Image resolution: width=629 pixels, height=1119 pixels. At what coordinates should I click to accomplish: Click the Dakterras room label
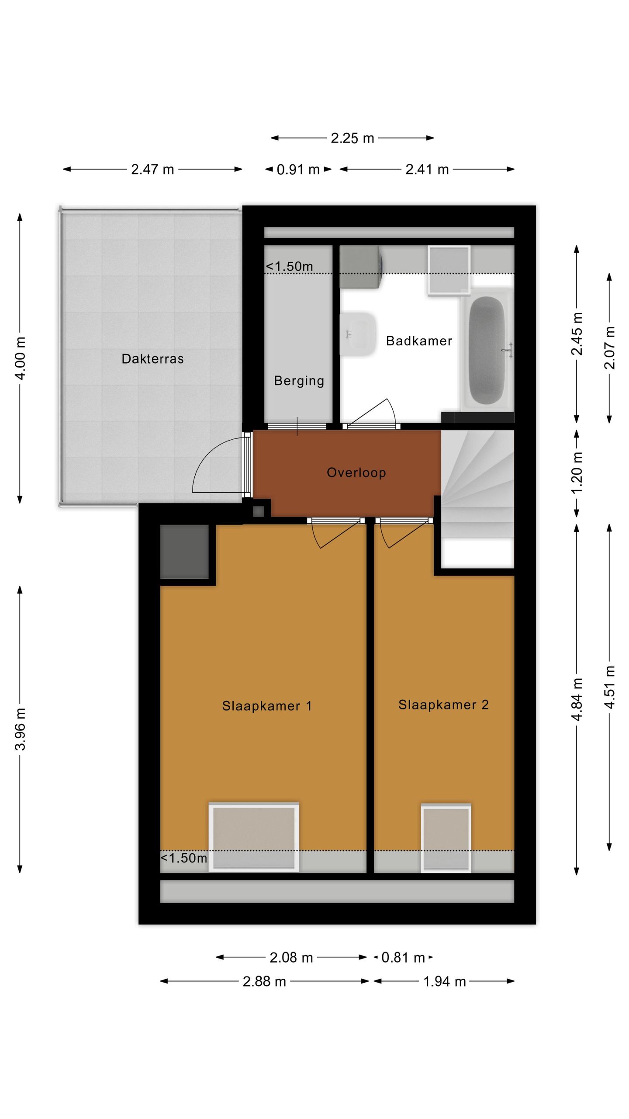coord(152,359)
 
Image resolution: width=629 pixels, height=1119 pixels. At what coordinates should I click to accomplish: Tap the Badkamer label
coord(419,341)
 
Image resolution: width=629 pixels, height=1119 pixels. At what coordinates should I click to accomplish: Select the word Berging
coord(299,381)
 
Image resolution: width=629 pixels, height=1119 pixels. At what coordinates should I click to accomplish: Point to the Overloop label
coord(356,473)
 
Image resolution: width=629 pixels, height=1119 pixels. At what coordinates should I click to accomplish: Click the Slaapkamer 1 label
coord(267,706)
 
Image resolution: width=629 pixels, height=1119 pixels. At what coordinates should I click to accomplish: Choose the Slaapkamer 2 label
coord(443,705)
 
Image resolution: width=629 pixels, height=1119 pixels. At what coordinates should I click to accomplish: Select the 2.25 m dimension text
coord(353,138)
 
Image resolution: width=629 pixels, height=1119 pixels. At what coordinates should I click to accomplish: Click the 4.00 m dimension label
coord(21,358)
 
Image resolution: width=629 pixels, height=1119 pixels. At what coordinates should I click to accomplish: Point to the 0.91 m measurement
coord(298,170)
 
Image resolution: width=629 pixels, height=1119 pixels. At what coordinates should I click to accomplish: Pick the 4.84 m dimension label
coord(577,699)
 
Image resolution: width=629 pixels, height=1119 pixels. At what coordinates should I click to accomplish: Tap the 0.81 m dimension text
coord(403,958)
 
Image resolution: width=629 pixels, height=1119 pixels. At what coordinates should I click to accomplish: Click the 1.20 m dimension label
coord(577,473)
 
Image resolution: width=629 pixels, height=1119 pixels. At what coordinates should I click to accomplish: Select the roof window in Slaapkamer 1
coord(254,837)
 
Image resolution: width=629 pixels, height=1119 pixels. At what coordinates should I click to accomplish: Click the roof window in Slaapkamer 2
coord(446,838)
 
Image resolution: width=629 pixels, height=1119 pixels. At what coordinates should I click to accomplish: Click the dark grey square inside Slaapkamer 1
coord(184,552)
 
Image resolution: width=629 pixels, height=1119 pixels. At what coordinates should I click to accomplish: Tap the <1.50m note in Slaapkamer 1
coord(184,858)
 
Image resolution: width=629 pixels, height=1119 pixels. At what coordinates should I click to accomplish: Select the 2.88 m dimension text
coord(264,981)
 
